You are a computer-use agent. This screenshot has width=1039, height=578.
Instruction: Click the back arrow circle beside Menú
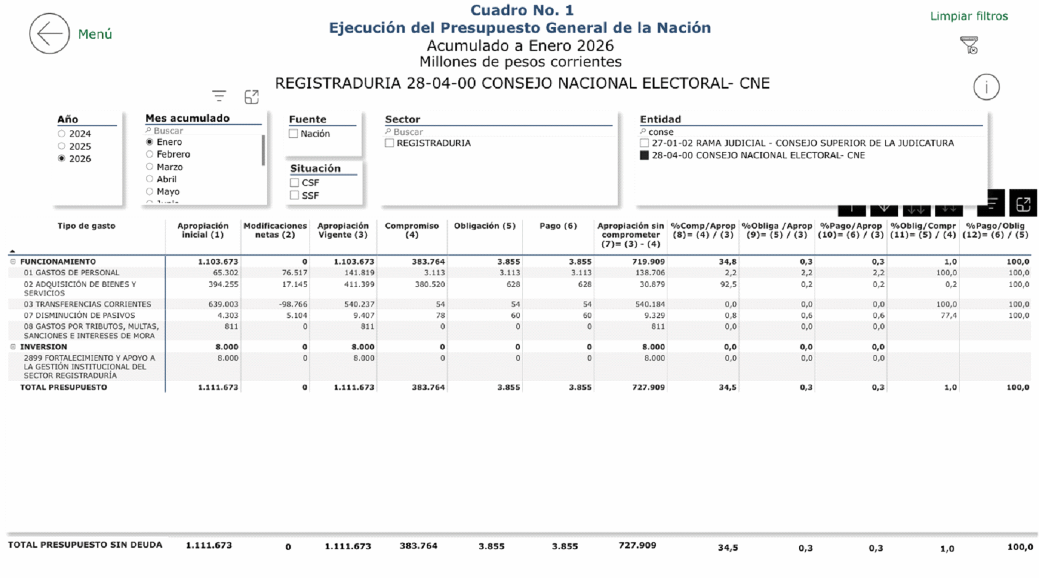[x=50, y=33]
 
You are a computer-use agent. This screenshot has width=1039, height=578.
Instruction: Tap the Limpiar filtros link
[x=969, y=16]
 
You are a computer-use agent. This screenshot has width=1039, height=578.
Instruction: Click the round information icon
[x=986, y=87]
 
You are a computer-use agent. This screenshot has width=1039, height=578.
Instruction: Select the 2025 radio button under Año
[x=62, y=147]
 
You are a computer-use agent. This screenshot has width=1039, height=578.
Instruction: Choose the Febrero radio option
[x=149, y=154]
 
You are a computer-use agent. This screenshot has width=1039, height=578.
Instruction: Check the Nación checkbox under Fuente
[x=293, y=134]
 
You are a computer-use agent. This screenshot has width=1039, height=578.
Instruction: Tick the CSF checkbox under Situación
[x=294, y=182]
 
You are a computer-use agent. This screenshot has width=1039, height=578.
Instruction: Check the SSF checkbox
[x=294, y=196]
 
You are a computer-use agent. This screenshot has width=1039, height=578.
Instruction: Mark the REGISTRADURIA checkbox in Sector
[x=389, y=143]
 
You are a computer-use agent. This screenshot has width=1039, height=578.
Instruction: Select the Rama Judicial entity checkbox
[x=644, y=143]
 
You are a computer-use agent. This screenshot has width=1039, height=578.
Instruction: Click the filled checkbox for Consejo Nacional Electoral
[x=644, y=156]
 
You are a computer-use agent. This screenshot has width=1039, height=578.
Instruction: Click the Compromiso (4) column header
[x=412, y=230]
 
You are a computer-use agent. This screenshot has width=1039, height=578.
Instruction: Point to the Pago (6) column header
[x=559, y=226]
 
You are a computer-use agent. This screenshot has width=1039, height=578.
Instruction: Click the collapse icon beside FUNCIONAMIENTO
[x=13, y=262]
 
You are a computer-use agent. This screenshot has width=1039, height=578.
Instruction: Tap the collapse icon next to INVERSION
[x=13, y=347]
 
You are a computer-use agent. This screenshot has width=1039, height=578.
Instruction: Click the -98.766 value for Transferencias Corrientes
[x=293, y=305]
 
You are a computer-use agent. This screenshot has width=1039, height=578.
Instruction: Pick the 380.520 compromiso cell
[x=430, y=284]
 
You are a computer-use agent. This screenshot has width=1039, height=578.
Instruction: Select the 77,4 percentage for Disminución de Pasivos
[x=948, y=316]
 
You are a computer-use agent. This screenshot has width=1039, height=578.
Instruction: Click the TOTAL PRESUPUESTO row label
[x=63, y=388]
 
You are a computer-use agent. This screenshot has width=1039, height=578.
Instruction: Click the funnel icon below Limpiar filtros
[x=969, y=45]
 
